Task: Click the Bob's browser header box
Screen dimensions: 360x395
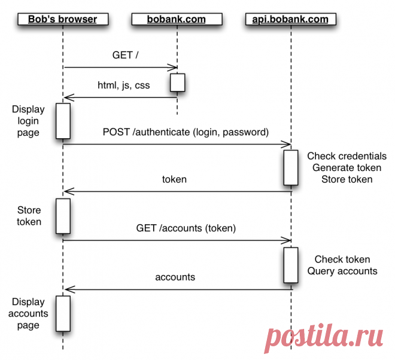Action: click(x=62, y=19)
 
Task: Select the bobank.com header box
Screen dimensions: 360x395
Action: click(x=177, y=19)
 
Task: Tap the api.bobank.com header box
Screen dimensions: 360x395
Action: click(x=291, y=19)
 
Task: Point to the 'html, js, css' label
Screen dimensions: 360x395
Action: click(x=123, y=85)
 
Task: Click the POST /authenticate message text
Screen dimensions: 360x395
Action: click(x=186, y=132)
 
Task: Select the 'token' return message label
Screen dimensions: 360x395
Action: click(x=174, y=179)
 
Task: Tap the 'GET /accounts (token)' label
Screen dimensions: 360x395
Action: click(x=186, y=227)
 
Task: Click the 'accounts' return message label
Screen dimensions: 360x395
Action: click(x=175, y=277)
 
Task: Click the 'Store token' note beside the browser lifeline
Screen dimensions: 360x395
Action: click(x=29, y=216)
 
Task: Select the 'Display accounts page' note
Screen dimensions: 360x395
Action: click(x=28, y=313)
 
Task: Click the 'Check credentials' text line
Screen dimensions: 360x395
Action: click(x=347, y=157)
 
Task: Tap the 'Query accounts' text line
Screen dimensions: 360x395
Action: click(x=342, y=271)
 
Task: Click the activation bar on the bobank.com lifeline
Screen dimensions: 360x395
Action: click(x=177, y=83)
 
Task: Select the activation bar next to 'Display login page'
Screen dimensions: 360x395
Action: click(x=63, y=120)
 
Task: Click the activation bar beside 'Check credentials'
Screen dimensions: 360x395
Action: click(x=291, y=168)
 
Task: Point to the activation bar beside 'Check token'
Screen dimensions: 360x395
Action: click(x=291, y=265)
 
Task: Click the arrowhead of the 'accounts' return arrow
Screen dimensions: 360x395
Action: click(x=67, y=289)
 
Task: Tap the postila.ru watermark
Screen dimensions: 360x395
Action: click(x=326, y=338)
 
